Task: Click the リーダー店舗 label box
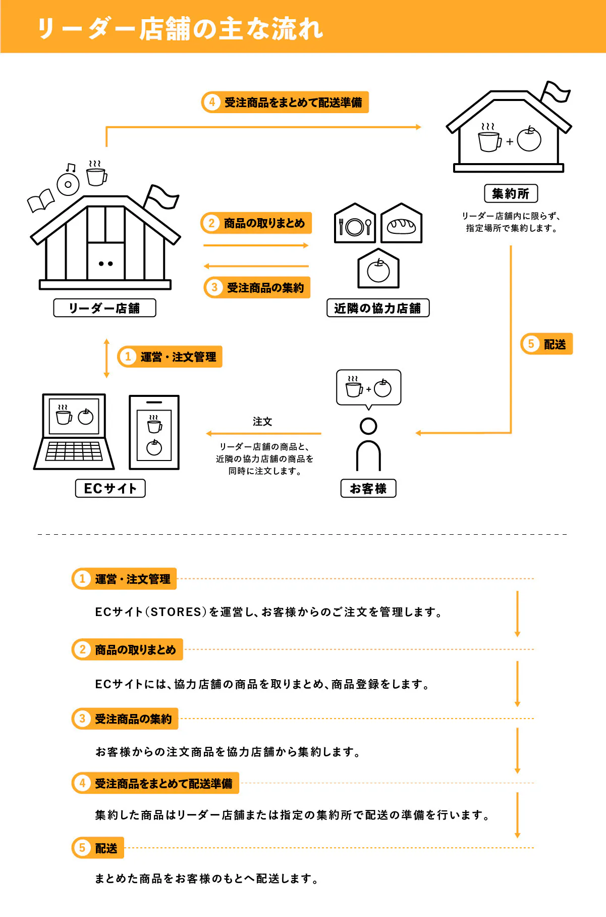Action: pyautogui.click(x=104, y=308)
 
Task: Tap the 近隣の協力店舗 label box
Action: pyautogui.click(x=378, y=308)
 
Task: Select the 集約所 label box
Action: pyautogui.click(x=511, y=193)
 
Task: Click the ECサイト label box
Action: pyautogui.click(x=110, y=488)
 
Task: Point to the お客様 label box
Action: pyautogui.click(x=368, y=488)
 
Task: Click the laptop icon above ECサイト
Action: pyautogui.click(x=75, y=432)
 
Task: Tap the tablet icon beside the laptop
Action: pyautogui.click(x=154, y=432)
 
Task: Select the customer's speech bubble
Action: pyautogui.click(x=368, y=387)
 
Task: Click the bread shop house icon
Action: pyautogui.click(x=401, y=224)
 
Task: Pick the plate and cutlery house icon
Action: pyautogui.click(x=355, y=224)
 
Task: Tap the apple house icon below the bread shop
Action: pyautogui.click(x=378, y=269)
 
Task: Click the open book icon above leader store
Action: pyautogui.click(x=40, y=201)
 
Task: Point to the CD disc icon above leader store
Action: pyautogui.click(x=68, y=184)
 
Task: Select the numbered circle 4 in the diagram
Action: pyautogui.click(x=212, y=102)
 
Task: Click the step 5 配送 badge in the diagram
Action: pyautogui.click(x=546, y=344)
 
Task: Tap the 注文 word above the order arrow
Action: pyautogui.click(x=262, y=422)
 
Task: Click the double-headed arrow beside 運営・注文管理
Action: pyautogui.click(x=106, y=358)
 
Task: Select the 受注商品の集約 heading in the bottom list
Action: pyautogui.click(x=133, y=719)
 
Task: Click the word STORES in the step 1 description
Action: pyautogui.click(x=176, y=612)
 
